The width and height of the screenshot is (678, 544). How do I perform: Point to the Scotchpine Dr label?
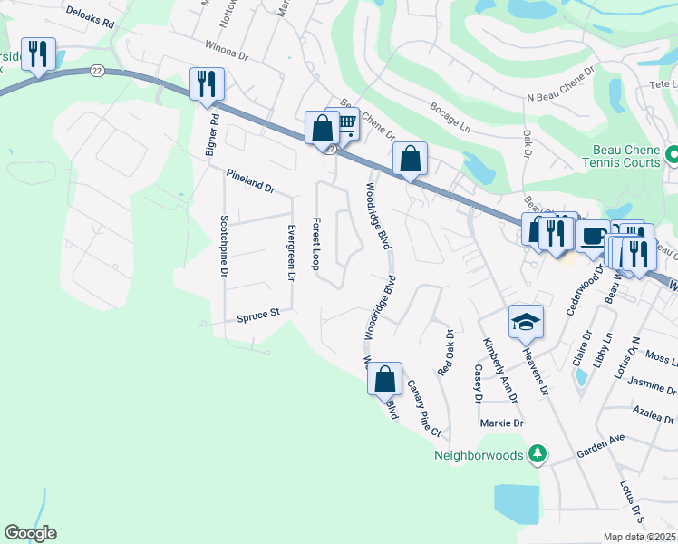click(224, 246)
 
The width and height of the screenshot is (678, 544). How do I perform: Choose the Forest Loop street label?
click(315, 243)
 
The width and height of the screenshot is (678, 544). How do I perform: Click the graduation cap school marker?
click(526, 322)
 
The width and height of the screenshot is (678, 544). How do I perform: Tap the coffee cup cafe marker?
click(593, 238)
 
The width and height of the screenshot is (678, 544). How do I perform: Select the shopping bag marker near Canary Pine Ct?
click(385, 378)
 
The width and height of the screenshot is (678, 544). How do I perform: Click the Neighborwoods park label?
click(479, 454)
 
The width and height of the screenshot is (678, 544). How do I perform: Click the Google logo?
click(30, 533)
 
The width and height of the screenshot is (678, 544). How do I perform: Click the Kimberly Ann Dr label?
click(499, 371)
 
